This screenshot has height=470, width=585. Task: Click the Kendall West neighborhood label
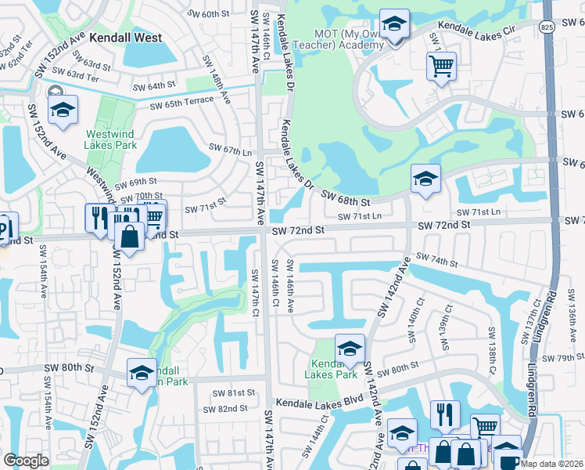(x=126, y=37)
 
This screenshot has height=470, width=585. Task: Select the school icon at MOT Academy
(x=395, y=25)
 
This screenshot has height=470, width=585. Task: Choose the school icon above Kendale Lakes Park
(x=350, y=349)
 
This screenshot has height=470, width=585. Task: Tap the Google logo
(x=26, y=461)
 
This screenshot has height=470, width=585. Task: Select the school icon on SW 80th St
(x=142, y=373)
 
